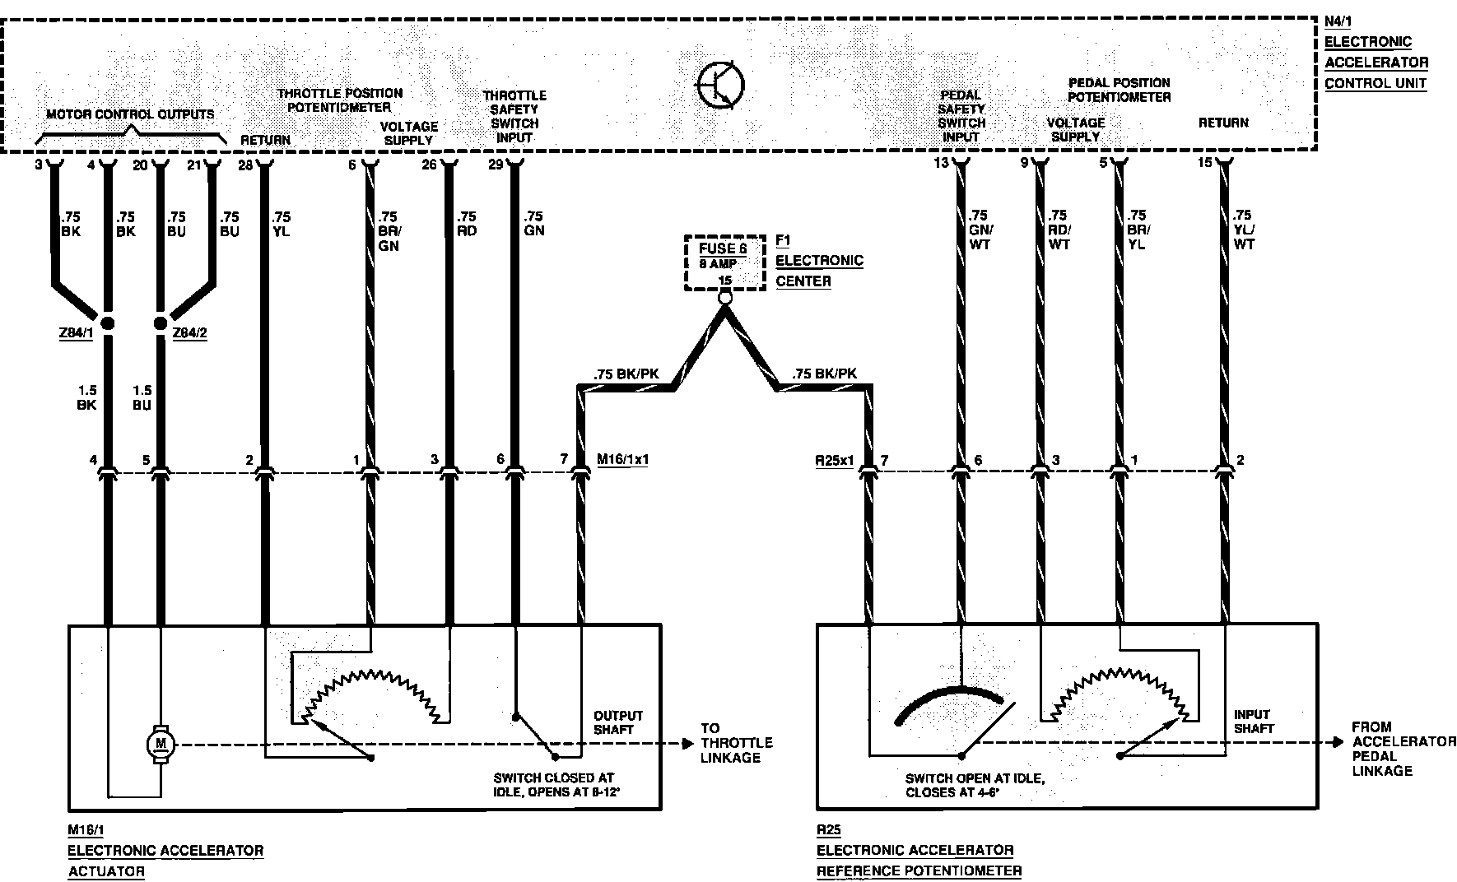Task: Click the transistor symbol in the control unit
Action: pos(720,85)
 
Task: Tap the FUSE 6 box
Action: pos(724,256)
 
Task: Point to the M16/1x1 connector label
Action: pos(622,459)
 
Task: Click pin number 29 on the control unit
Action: pos(495,165)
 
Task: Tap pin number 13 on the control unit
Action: pos(941,163)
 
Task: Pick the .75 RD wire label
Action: pos(466,223)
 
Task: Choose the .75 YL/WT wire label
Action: pos(1243,230)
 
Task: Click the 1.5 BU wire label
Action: pos(143,397)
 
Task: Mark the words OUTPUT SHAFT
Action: pos(617,722)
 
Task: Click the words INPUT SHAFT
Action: pos(1253,721)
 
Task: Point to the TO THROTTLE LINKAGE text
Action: pos(736,743)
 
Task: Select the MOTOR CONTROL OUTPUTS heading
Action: pos(129,114)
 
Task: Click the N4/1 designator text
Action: pos(1338,21)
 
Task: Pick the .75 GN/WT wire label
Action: pos(980,230)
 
